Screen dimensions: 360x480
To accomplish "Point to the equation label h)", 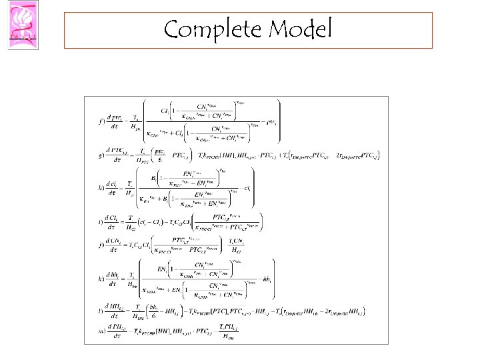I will [101, 189].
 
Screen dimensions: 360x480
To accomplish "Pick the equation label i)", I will [101, 221].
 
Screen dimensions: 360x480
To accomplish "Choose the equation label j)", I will [101, 245].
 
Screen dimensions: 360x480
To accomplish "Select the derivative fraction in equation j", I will [117, 245].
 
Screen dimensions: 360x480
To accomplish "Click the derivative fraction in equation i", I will [117, 221].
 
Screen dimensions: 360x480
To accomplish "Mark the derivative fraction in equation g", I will [119, 157].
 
